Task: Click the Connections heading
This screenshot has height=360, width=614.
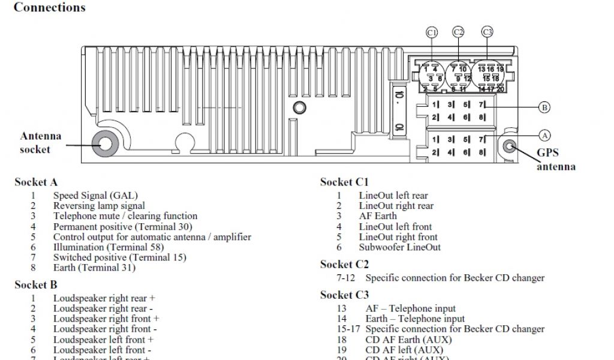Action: pos(49,8)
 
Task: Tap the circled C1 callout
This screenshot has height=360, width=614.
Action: pos(432,32)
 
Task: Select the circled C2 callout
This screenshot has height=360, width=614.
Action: pos(458,32)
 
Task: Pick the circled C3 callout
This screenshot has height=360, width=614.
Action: pos(487,32)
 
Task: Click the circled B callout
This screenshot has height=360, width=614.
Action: pos(544,107)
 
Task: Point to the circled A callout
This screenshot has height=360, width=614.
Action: pos(544,135)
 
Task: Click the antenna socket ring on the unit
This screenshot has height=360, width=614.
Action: pos(104,144)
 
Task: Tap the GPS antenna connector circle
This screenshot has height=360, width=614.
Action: pos(510,146)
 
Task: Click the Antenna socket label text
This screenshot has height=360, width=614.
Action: pos(40,143)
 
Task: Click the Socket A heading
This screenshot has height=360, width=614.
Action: pos(36,182)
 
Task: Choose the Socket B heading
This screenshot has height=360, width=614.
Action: pos(36,284)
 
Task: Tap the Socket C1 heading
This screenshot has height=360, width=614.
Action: pos(345,182)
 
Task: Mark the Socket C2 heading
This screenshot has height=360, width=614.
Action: pos(345,264)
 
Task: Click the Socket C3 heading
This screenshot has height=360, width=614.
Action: pos(345,295)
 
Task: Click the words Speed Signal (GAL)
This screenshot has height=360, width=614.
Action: pos(95,195)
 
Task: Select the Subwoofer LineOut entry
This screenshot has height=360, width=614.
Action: pos(399,247)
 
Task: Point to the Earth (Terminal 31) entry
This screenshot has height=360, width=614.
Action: pos(94,268)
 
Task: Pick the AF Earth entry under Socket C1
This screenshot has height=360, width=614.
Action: pos(378,216)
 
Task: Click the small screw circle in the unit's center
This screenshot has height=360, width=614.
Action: pos(299,108)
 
